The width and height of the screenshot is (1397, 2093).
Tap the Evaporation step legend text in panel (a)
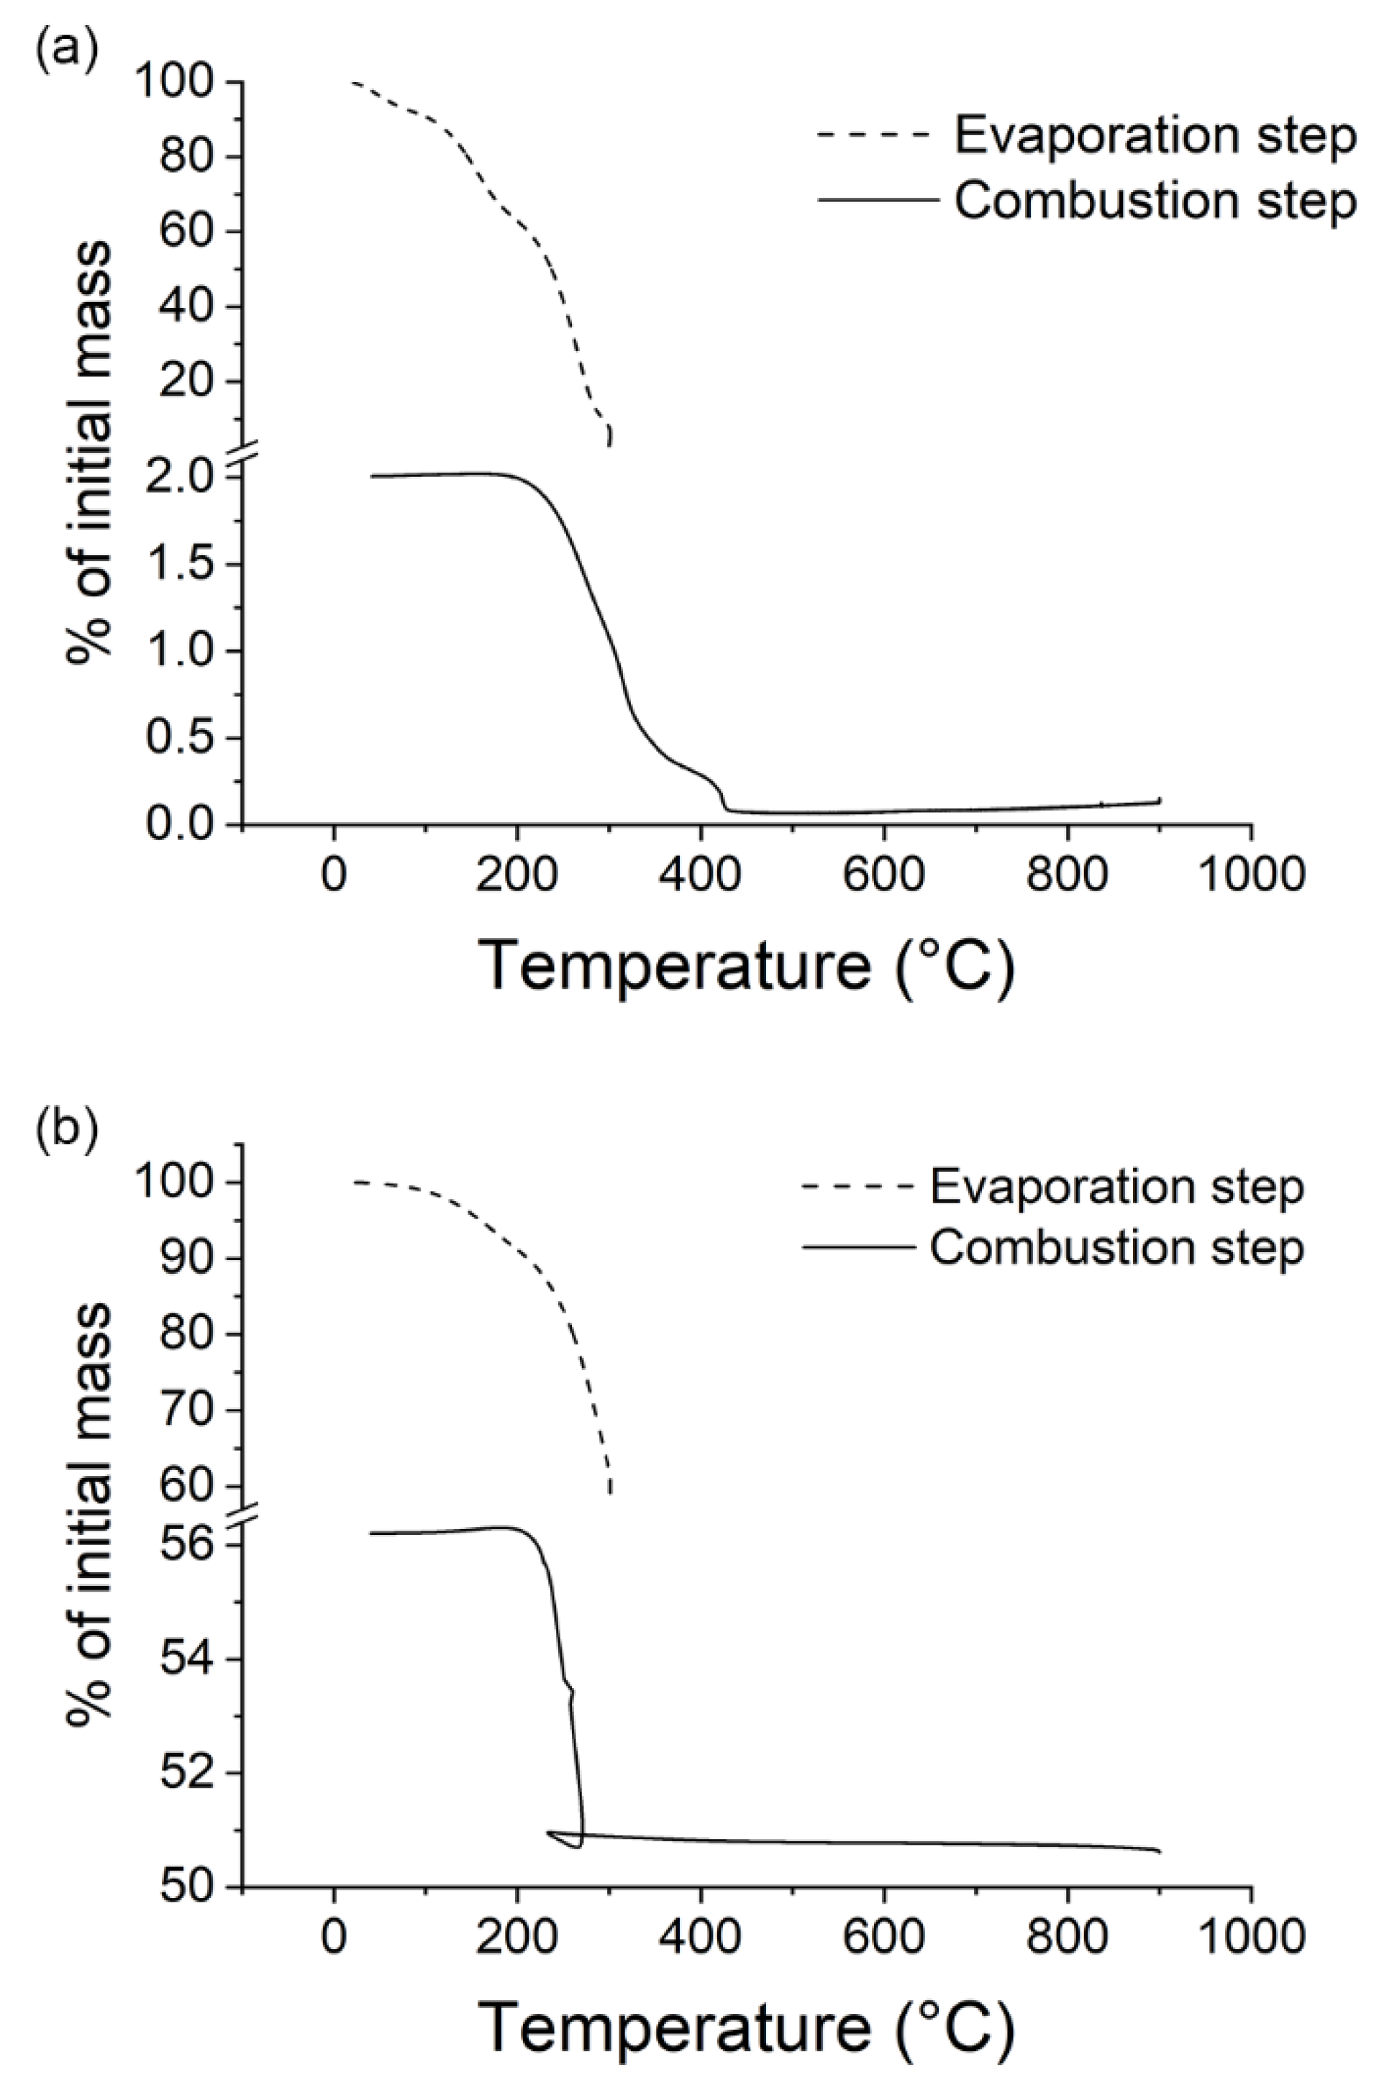tap(1155, 135)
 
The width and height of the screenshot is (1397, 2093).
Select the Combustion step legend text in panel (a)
tap(1155, 201)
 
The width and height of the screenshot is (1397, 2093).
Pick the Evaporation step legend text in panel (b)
tap(1117, 1187)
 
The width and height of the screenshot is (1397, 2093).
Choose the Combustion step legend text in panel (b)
tap(1117, 1249)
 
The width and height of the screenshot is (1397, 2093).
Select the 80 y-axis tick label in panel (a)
tap(189, 157)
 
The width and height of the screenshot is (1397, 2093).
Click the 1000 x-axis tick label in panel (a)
tap(1251, 875)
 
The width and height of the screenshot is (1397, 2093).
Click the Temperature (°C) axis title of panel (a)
tap(747, 967)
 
